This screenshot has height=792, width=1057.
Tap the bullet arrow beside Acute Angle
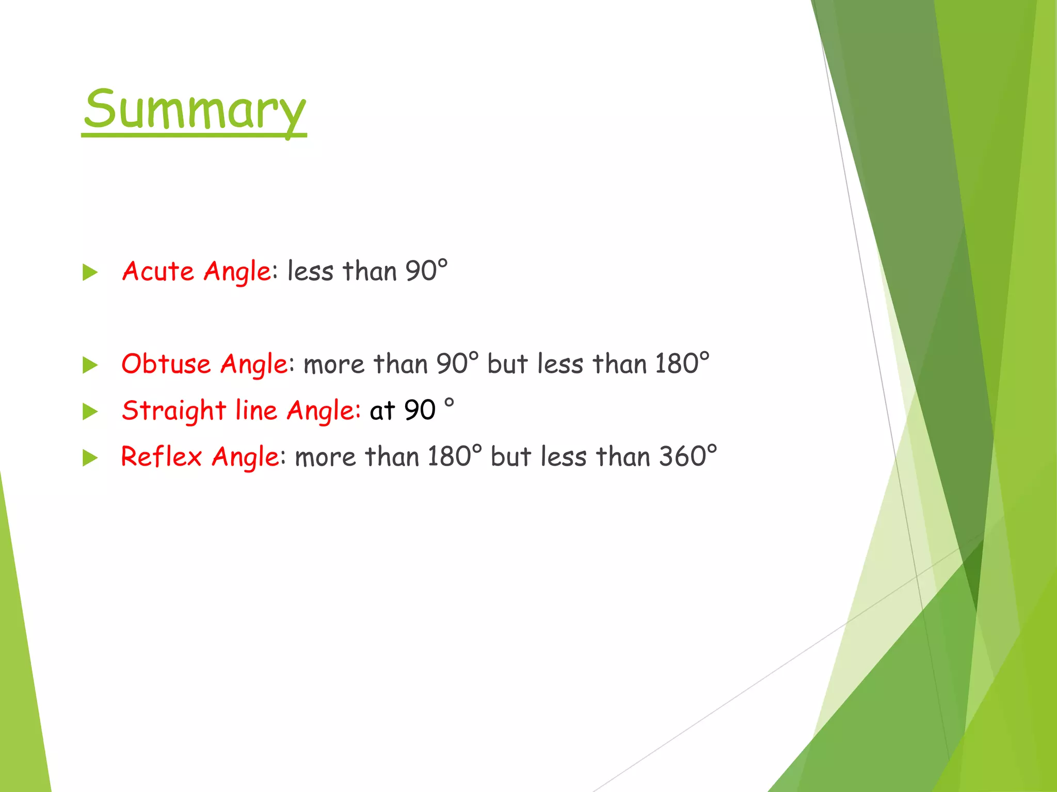pyautogui.click(x=90, y=272)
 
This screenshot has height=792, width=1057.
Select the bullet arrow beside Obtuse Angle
pyautogui.click(x=90, y=365)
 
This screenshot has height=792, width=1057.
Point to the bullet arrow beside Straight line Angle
pyautogui.click(x=90, y=411)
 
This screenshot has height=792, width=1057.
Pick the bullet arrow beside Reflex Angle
pyautogui.click(x=90, y=458)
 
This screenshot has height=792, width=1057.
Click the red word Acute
pyautogui.click(x=158, y=271)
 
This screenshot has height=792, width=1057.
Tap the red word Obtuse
pyautogui.click(x=166, y=364)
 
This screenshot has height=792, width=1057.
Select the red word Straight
pyautogui.click(x=174, y=411)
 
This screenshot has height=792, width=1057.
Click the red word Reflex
pyautogui.click(x=161, y=457)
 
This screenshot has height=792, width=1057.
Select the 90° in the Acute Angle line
pyautogui.click(x=426, y=271)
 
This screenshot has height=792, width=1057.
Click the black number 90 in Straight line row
pyautogui.click(x=420, y=411)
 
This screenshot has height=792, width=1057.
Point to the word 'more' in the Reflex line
pyautogui.click(x=325, y=457)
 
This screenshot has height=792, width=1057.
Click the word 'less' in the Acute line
pyautogui.click(x=310, y=271)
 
